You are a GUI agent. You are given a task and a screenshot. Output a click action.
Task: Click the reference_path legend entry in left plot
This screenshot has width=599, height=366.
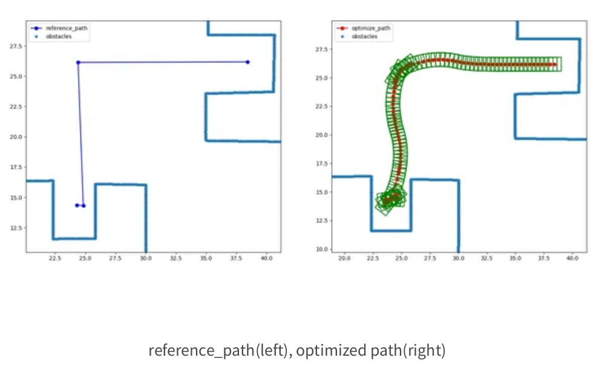tap(58, 28)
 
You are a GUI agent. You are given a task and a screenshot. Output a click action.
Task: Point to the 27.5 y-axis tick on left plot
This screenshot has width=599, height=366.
tap(16, 46)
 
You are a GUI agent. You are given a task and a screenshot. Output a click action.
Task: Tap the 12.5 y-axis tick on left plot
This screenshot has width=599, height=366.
tap(16, 228)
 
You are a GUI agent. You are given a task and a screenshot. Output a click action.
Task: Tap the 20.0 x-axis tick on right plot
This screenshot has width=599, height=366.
tap(344, 258)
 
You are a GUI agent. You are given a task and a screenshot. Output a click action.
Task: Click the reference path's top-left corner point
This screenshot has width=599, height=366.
tap(78, 62)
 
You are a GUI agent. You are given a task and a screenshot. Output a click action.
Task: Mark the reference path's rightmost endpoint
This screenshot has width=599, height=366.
tap(247, 62)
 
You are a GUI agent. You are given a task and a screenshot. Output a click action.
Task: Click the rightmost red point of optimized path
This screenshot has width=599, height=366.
tap(554, 64)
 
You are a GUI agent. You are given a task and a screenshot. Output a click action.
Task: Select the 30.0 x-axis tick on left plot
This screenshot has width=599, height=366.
tap(146, 258)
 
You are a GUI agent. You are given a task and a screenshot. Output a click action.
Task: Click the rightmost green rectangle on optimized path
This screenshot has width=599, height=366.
tap(557, 64)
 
